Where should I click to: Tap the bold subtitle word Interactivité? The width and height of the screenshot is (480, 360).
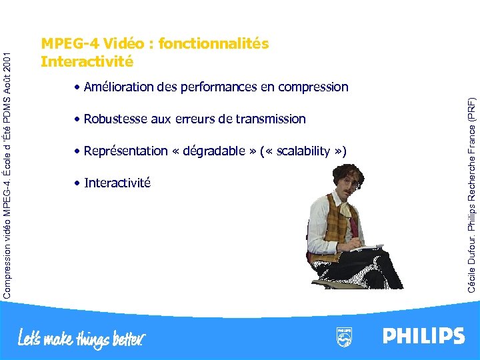[x=87, y=62]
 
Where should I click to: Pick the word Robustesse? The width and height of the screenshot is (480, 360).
[x=117, y=119]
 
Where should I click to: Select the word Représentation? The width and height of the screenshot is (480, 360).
[x=126, y=151]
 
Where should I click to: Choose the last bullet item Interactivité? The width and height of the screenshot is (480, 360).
[x=117, y=183]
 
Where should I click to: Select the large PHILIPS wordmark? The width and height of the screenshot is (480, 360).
[x=423, y=335]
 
